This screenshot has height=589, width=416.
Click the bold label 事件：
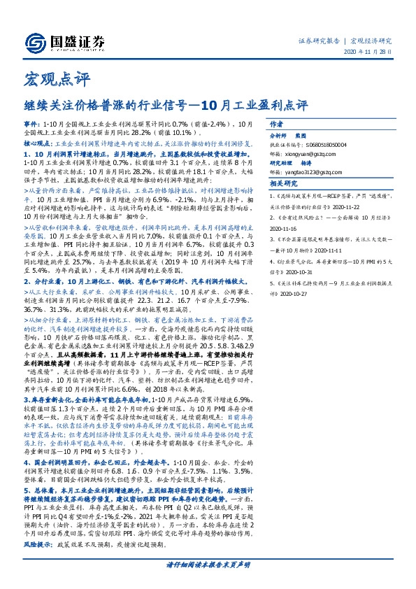32,122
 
